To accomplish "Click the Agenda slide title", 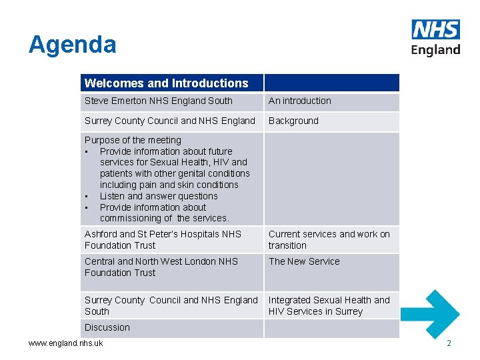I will click(x=72, y=45).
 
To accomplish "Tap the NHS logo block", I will click(x=435, y=29).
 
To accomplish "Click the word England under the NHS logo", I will click(x=435, y=50).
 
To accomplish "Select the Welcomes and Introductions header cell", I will click(x=166, y=83).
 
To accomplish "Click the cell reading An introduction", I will click(x=300, y=101).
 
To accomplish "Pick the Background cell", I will click(x=293, y=121).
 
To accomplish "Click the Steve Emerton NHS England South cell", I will click(x=159, y=101).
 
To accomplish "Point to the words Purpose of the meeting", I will click(x=133, y=140).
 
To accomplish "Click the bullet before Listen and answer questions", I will click(x=87, y=196).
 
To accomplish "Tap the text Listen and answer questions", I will click(x=159, y=196).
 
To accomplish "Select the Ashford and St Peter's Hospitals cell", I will click(x=163, y=239).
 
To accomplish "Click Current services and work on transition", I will click(x=329, y=239).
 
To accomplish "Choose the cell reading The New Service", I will click(x=304, y=261).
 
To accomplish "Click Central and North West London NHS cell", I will click(x=161, y=267).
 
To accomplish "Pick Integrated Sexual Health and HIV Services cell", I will click(x=329, y=305).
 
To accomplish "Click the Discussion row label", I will click(x=107, y=327).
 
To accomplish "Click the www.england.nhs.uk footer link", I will click(x=65, y=343).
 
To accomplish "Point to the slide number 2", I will click(x=449, y=343).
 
